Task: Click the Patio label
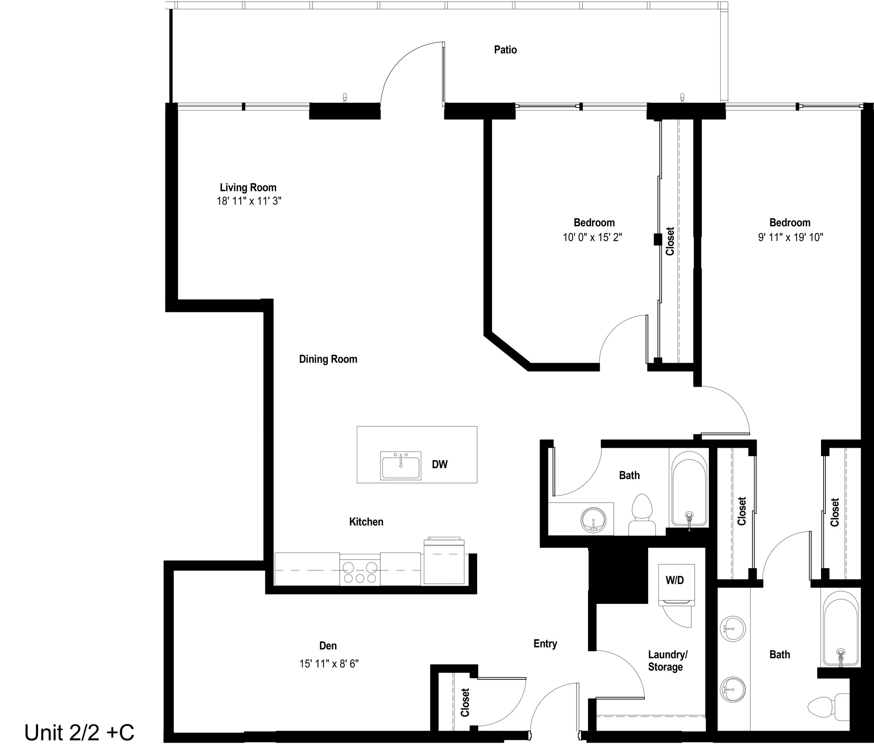505,50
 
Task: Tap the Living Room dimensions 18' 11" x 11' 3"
249,201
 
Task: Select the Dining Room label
328,359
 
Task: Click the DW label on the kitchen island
440,464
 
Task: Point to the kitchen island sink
401,466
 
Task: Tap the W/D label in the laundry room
675,580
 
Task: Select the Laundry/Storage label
667,661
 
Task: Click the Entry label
545,644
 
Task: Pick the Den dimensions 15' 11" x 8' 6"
329,664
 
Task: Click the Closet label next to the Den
465,702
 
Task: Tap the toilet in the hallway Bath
642,515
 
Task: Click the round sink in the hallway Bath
593,520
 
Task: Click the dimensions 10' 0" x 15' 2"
592,237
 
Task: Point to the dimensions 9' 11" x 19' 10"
790,237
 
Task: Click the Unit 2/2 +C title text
79,732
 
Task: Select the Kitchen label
366,522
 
